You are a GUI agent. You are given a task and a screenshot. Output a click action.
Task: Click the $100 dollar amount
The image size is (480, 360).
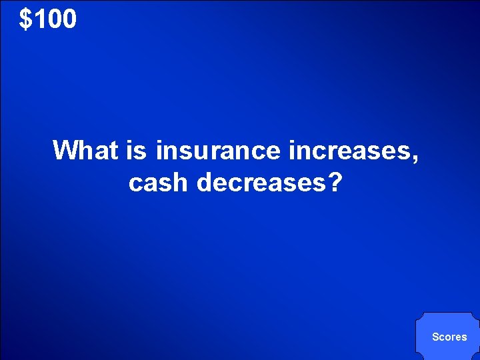coord(48,19)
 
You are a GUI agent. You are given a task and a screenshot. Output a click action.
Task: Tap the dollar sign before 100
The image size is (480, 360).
coord(25,19)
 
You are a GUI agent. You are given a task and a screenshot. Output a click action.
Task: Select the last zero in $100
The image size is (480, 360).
coord(69,19)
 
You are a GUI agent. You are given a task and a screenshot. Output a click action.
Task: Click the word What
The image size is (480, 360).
coord(86,151)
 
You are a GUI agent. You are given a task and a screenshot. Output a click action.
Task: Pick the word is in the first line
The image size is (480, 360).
coord(137,151)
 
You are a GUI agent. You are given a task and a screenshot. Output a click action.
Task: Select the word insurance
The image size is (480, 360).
coord(219,151)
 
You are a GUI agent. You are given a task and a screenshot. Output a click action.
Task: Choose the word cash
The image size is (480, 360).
coord(159,181)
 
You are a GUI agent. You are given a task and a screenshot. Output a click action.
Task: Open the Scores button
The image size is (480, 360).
coord(449,337)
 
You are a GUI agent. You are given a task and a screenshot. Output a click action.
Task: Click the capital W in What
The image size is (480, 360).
coord(65,151)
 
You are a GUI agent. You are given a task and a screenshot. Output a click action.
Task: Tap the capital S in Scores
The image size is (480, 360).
coord(435,337)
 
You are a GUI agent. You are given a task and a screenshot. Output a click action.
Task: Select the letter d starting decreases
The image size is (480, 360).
coord(204,181)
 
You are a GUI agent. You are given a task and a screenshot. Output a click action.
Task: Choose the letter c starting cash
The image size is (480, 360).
coord(135,183)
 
